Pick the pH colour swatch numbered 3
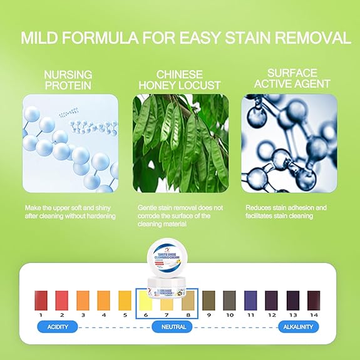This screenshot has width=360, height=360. point(83,301)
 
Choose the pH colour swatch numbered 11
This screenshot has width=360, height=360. point(250,301)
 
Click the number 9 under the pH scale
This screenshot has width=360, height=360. point(208,314)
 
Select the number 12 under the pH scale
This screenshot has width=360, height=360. point(271,314)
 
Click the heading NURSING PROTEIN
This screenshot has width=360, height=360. point(69,78)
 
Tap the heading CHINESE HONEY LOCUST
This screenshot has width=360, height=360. point(180,78)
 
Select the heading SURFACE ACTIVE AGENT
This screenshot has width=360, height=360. point(290,78)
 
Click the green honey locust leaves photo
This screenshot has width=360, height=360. point(180,143)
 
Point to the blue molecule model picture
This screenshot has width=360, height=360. point(289,143)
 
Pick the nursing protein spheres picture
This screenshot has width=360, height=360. point(69,143)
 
